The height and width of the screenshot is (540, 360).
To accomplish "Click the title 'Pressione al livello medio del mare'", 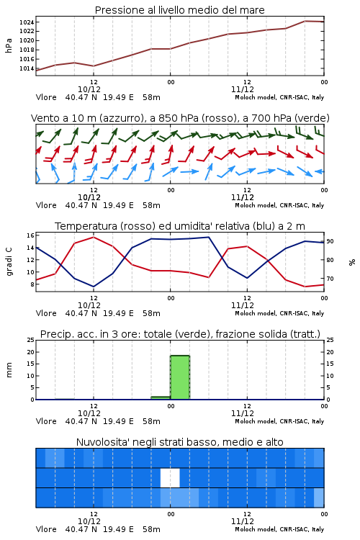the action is click(179, 10).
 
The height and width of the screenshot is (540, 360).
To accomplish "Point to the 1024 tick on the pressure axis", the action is click(27, 22).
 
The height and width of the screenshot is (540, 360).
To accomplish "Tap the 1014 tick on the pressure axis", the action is click(27, 68).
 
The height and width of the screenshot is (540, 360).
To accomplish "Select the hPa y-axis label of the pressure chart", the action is click(9, 45).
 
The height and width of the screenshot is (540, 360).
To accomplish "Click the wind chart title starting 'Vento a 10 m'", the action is click(180, 118).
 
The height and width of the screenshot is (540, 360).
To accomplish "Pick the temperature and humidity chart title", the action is click(180, 226).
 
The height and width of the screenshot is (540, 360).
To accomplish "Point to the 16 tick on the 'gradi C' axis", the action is click(30, 235).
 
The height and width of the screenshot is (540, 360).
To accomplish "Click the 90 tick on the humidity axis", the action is click(330, 241).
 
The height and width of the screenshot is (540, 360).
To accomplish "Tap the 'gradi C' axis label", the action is click(9, 262).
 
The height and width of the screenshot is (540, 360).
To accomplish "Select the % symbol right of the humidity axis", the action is click(352, 262).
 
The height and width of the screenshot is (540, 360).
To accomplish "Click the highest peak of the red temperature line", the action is click(94, 237).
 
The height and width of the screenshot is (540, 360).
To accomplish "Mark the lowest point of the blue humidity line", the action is click(94, 287).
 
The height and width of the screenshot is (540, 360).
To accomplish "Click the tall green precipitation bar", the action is click(180, 377).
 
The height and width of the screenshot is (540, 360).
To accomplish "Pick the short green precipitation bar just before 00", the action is click(161, 398).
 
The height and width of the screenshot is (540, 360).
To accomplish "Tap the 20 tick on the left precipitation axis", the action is click(31, 352).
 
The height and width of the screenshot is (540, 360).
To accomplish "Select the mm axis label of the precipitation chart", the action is click(9, 370).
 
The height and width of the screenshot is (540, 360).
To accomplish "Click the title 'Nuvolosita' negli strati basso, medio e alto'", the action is click(180, 442).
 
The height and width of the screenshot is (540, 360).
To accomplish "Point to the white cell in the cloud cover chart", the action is click(170, 477).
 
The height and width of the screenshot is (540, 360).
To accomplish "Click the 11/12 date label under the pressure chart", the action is click(243, 89).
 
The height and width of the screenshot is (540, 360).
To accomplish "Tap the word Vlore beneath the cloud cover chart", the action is click(46, 529).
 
